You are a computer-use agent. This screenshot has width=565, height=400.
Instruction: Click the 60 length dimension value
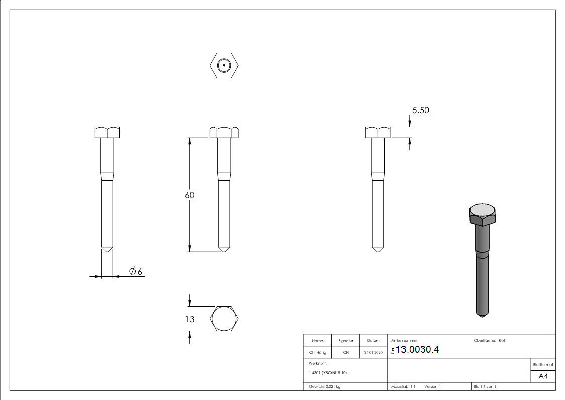[x=189, y=195]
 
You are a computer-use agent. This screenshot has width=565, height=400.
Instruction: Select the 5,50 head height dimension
[x=421, y=111]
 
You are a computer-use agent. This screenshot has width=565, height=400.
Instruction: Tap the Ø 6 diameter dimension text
[x=136, y=272]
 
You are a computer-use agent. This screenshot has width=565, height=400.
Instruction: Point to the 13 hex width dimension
[x=190, y=319]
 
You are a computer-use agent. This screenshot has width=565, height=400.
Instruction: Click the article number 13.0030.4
[x=418, y=350]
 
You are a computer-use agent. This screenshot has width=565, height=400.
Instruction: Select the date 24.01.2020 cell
[x=373, y=353]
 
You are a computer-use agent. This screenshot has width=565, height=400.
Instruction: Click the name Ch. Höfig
[x=317, y=353]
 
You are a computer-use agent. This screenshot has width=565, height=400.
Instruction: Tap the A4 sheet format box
[x=543, y=376]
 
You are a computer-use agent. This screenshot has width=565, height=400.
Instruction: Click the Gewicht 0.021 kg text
[x=325, y=386]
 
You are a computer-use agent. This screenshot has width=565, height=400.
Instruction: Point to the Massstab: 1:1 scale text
[x=403, y=386]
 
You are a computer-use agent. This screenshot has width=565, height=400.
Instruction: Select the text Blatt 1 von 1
[x=485, y=386]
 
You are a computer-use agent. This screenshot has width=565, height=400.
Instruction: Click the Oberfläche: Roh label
[x=490, y=340]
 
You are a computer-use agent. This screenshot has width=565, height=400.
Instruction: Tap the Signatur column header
[x=346, y=341]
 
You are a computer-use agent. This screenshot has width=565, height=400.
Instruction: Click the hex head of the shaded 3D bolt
[x=482, y=215]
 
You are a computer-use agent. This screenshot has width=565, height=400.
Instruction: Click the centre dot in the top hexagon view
[x=224, y=65]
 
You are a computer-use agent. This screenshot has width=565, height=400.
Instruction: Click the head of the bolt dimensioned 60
[x=224, y=132]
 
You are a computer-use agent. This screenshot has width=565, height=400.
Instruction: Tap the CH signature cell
[x=346, y=353]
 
